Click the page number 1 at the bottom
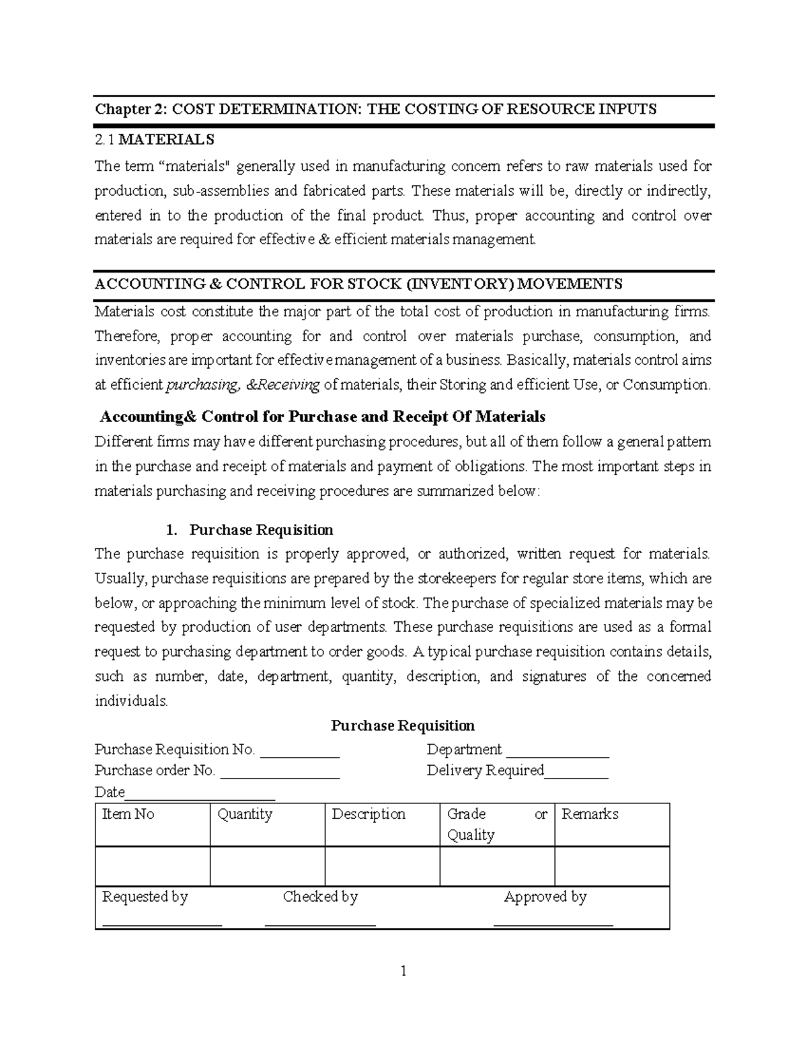403,971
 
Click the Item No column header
128,814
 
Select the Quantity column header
245,814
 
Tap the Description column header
369,814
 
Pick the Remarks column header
590,814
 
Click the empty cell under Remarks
612,866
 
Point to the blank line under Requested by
162,924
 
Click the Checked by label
320,897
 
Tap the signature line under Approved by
553,924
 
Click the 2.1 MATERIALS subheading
155,139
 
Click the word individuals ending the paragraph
130,700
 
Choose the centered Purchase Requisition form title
403,725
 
